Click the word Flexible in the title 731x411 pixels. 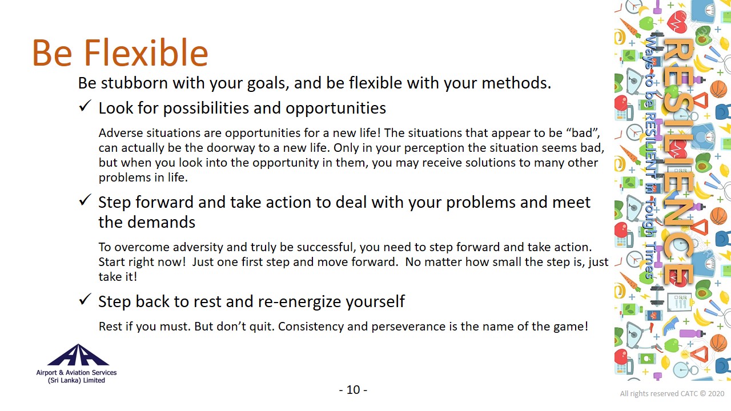[x=146, y=53]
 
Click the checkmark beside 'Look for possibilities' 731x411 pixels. [x=85, y=106]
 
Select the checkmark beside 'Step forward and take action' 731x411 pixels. [x=85, y=200]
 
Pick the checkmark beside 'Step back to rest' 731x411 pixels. [x=85, y=300]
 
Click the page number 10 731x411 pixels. [x=353, y=390]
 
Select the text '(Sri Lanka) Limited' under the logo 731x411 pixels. [x=77, y=380]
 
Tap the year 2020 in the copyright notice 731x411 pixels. [x=716, y=394]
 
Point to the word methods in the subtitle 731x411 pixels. [x=516, y=83]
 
